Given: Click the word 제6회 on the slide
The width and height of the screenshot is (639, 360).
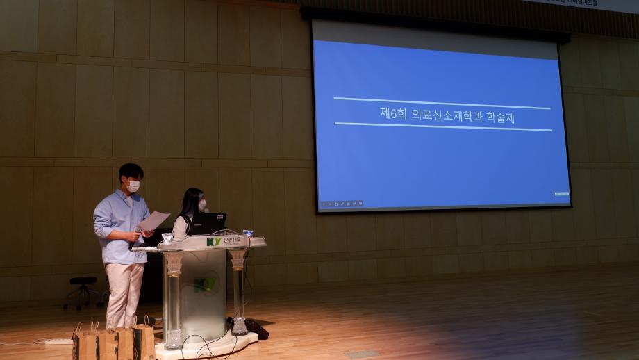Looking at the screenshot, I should pyautogui.click(x=392, y=114).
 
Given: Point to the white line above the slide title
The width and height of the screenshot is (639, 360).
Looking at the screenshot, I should pyautogui.click(x=441, y=104).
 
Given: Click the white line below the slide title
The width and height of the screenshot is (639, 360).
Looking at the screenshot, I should pyautogui.click(x=442, y=126).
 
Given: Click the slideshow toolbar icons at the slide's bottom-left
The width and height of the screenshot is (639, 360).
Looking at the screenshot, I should pyautogui.click(x=341, y=204).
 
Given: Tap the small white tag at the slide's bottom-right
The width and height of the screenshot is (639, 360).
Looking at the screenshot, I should pyautogui.click(x=561, y=193).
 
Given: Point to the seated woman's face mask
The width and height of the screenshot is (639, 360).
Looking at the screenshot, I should pyautogui.click(x=202, y=205).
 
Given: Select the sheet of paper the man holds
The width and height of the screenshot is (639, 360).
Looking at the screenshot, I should pyautogui.click(x=155, y=221).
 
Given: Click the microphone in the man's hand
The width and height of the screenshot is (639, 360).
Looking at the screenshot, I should pyautogui.click(x=138, y=229).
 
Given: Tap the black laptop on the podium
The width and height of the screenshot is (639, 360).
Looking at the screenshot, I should pyautogui.click(x=208, y=223).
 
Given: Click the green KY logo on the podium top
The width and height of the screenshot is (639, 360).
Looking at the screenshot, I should pyautogui.click(x=213, y=241).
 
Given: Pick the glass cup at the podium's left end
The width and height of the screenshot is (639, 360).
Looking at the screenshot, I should pyautogui.click(x=167, y=238).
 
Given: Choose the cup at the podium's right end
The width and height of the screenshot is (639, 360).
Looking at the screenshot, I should pyautogui.click(x=248, y=234).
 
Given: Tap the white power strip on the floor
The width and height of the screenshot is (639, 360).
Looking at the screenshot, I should pyautogui.click(x=58, y=341).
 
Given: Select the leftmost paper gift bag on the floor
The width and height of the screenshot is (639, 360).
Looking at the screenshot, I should pyautogui.click(x=86, y=343).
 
